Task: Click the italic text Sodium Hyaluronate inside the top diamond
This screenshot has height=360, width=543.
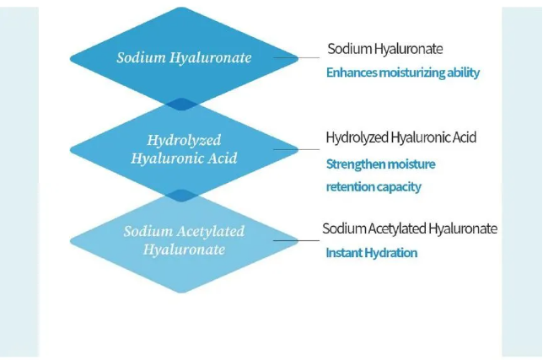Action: pos(184,58)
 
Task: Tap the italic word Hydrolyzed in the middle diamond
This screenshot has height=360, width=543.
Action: pos(184,141)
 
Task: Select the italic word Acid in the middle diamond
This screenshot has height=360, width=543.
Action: pos(223,159)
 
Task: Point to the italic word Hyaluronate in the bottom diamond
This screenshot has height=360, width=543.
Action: pos(184,250)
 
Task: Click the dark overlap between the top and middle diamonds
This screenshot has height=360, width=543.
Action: pos(181,105)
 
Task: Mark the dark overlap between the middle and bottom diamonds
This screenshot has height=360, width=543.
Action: pos(181,196)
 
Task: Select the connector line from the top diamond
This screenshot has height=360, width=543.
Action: pos(297,58)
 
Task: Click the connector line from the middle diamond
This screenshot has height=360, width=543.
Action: pos(297,149)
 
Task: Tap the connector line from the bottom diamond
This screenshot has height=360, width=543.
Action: pos(297,240)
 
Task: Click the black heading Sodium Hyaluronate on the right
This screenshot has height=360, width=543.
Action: pos(385,49)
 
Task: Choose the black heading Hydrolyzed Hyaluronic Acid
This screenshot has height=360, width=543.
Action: pos(401,137)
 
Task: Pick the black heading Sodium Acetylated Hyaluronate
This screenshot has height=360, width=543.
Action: pos(410,228)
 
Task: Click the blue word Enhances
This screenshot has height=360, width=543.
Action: pos(352,73)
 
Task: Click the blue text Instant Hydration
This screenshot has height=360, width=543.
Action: pos(372,253)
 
